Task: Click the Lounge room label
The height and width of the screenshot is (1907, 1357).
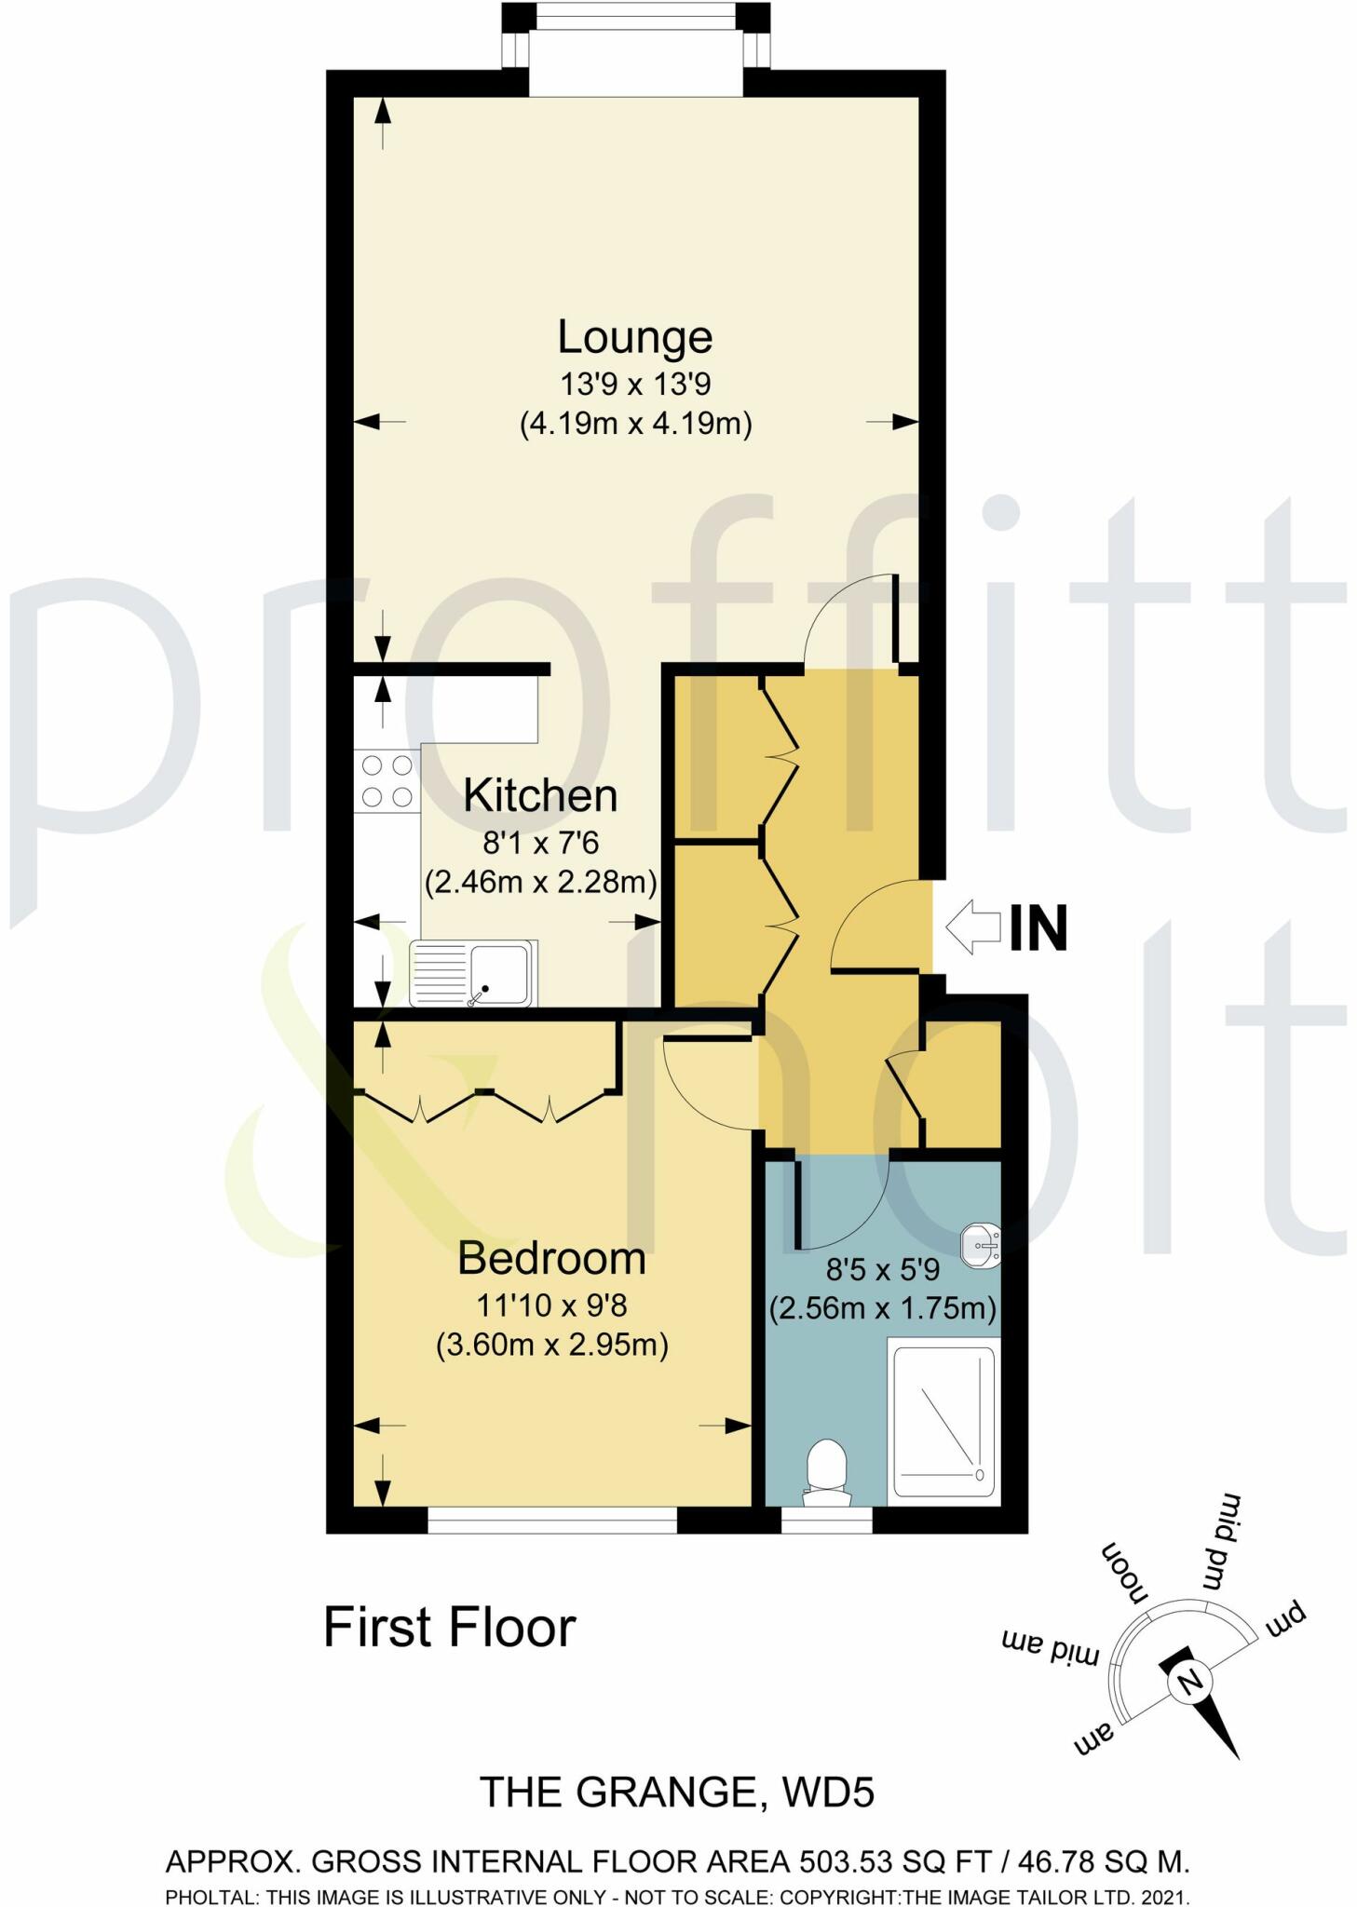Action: tap(634, 337)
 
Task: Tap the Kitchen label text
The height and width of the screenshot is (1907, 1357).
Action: tap(540, 796)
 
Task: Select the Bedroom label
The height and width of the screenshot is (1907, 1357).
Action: tap(551, 1259)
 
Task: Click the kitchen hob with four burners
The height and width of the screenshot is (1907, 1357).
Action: tap(387, 781)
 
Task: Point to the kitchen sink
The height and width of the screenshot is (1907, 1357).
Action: tap(472, 973)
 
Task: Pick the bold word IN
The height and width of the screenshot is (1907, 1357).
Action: tap(1038, 928)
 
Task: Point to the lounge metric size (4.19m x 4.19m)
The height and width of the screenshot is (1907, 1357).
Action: tap(635, 424)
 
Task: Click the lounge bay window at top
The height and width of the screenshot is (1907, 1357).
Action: tap(635, 16)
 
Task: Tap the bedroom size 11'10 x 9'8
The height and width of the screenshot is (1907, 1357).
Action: tap(551, 1305)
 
